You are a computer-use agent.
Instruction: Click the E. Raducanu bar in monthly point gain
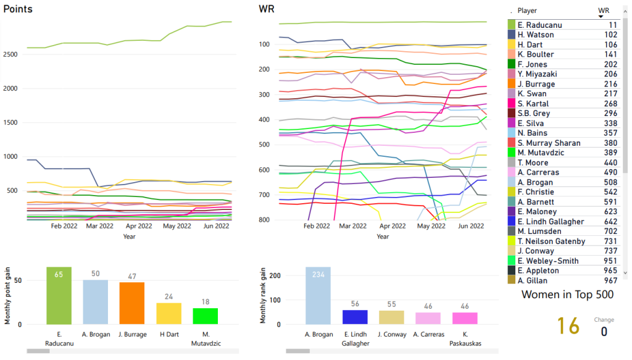point(59,296)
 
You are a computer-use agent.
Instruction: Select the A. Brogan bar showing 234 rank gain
point(318,296)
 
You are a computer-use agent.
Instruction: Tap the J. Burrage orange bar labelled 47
point(131,303)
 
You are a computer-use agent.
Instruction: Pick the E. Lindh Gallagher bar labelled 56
point(355,317)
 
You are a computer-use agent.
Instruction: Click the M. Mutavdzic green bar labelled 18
point(205,316)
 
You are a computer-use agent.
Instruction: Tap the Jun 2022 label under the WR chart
point(470,227)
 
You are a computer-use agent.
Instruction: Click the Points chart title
point(18,9)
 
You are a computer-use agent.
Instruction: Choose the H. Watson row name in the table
point(536,35)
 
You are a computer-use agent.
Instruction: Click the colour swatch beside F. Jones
point(511,64)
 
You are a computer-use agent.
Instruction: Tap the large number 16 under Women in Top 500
point(568,326)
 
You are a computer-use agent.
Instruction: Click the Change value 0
point(604,332)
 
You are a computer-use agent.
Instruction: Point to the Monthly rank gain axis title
point(264,296)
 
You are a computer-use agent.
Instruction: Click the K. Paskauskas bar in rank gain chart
point(465,318)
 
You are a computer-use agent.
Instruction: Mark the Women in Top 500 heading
point(568,295)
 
